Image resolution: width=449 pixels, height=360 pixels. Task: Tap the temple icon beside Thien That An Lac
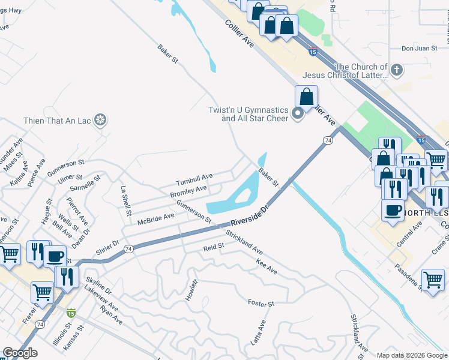point(101,121)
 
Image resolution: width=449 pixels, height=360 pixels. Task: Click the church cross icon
point(396,71)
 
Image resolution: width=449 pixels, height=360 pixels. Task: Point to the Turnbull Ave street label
point(194,179)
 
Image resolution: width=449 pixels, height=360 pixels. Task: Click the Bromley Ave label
point(188,191)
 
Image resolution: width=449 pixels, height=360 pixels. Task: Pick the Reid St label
point(214,246)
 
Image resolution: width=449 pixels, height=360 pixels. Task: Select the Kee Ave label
point(266,267)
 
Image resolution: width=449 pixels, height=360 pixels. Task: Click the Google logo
point(20,353)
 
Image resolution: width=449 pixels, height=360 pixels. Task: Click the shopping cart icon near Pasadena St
point(433,279)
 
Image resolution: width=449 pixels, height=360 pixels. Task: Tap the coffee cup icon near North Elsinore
point(393,210)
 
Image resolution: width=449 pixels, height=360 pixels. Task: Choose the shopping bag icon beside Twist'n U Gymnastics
point(306,96)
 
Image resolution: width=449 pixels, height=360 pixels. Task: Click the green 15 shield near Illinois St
point(71,313)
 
